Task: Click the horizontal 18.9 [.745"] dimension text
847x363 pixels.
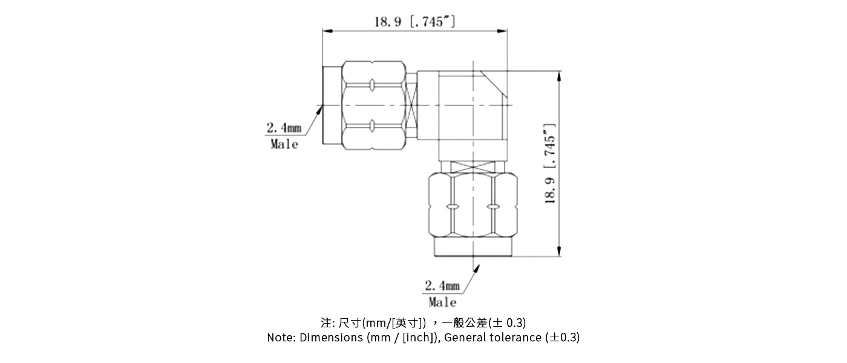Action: [x=414, y=22]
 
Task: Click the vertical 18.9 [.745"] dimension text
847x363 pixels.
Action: [x=550, y=164]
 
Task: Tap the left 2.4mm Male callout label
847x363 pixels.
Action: [x=284, y=136]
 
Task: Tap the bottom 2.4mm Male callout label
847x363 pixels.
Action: [x=442, y=293]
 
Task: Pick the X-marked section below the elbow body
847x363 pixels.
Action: [x=473, y=166]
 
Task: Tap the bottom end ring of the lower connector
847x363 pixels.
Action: [x=473, y=248]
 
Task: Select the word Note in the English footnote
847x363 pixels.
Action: [x=281, y=338]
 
